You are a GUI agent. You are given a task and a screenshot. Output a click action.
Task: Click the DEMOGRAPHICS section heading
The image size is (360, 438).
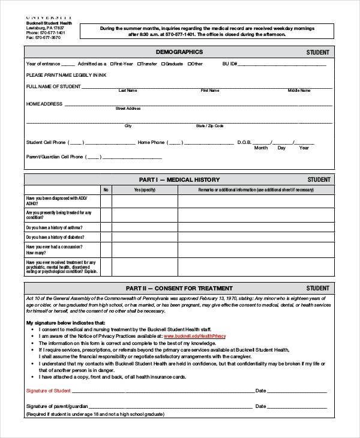point(179,52)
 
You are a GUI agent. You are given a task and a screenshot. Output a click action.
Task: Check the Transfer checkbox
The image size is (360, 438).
point(140,64)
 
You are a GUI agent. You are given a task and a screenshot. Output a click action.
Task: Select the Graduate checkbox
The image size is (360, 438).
point(164,64)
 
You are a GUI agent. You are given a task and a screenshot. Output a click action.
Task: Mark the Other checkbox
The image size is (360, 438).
point(190,64)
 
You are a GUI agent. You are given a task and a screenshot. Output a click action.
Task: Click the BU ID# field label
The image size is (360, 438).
point(230,64)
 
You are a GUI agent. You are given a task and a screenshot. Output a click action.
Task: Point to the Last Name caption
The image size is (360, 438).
point(128,91)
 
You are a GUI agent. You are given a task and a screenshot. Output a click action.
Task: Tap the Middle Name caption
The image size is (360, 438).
point(299,91)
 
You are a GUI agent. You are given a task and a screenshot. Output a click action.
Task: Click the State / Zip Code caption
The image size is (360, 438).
point(209,126)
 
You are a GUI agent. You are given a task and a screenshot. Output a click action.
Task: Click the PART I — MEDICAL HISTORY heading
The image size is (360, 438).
point(179,179)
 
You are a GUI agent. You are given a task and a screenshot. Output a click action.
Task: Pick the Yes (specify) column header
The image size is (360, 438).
point(144,190)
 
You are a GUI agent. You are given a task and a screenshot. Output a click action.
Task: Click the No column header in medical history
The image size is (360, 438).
point(106,190)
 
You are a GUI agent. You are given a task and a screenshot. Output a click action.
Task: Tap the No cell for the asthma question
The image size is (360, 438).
point(106,227)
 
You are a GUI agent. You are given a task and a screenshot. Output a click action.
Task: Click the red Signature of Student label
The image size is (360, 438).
point(48,391)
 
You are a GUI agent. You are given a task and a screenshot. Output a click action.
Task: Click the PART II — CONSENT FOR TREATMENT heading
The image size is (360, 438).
point(179,288)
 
